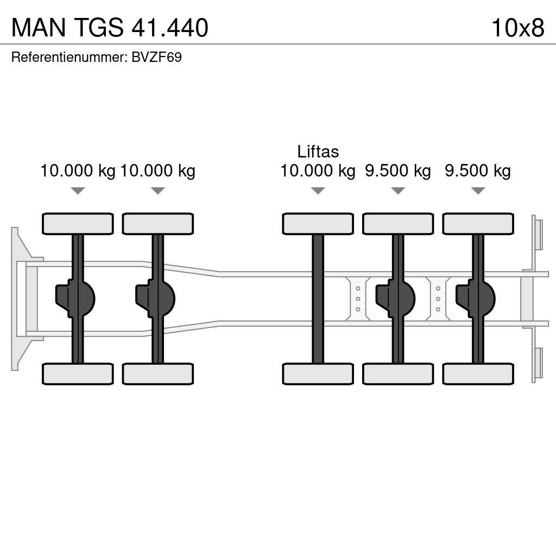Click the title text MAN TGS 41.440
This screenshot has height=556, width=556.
[x=110, y=28]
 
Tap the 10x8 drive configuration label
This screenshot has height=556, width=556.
[x=517, y=28]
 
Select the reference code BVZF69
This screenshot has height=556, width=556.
[x=156, y=57]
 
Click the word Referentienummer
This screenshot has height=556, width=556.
[x=68, y=57]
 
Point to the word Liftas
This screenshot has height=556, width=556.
[x=318, y=151]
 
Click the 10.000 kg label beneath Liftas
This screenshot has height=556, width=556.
[x=318, y=171]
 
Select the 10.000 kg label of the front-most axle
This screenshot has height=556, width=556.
[x=78, y=171]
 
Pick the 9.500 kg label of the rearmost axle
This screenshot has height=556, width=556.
[x=478, y=171]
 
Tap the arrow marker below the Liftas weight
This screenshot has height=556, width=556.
[x=318, y=191]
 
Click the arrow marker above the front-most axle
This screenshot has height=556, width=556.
[x=78, y=191]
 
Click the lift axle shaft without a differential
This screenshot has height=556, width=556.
[x=318, y=299]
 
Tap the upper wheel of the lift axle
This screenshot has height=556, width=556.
[x=318, y=224]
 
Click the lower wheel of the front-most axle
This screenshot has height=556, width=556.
[x=78, y=374]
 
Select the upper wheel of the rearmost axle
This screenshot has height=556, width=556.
[x=478, y=224]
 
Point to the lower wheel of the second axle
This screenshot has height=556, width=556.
[x=157, y=374]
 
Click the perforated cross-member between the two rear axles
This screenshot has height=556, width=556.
[x=438, y=299]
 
